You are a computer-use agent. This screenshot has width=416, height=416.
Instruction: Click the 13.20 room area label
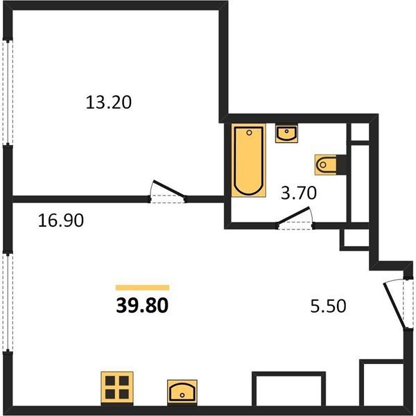(x=109, y=103)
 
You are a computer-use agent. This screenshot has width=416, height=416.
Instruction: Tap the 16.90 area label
(x=61, y=220)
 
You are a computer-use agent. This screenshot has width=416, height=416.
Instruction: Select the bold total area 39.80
(x=142, y=305)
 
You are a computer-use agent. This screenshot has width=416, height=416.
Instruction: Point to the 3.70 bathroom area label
(x=299, y=193)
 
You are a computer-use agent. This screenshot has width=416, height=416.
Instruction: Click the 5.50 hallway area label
(x=328, y=306)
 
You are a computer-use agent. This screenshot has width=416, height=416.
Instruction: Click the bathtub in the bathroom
(x=249, y=160)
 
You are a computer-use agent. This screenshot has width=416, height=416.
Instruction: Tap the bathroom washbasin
(x=286, y=133)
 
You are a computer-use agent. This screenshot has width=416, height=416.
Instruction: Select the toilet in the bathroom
(x=326, y=164)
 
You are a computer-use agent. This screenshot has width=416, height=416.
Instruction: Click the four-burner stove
(x=117, y=388)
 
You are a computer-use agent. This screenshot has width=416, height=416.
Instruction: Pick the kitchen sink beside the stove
(x=182, y=392)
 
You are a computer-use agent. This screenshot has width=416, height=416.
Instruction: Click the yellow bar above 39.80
(x=142, y=288)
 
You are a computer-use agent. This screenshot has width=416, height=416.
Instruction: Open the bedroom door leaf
(x=168, y=189)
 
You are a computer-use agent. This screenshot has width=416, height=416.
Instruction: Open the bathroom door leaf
(x=293, y=215)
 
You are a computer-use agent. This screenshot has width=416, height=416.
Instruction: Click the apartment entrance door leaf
(x=395, y=306)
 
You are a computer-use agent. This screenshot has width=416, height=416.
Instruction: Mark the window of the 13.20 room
(x=8, y=92)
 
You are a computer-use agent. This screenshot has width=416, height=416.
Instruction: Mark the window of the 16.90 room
(x=8, y=303)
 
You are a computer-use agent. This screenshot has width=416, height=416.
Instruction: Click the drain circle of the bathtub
(x=249, y=132)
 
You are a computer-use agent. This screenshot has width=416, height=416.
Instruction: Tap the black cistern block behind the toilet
(x=341, y=164)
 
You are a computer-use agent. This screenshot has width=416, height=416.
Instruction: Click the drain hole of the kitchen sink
(x=182, y=395)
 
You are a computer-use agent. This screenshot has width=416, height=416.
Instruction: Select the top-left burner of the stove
(x=110, y=381)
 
